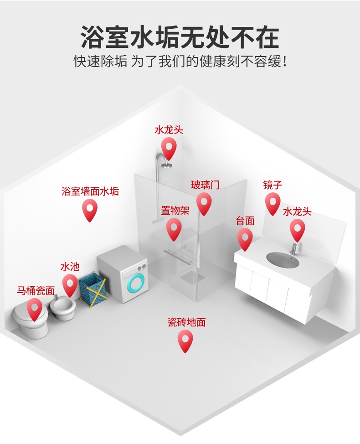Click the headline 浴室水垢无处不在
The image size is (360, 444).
180,37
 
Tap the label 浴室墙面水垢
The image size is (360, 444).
90,191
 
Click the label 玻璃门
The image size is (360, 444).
205,185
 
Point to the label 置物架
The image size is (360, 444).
174,211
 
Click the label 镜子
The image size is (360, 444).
273,185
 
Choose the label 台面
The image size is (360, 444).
245,221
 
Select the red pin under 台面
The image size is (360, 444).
245,238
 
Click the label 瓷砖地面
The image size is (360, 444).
186,322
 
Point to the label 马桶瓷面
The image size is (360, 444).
36,290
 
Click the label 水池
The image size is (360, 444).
70,266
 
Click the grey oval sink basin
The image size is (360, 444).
283,260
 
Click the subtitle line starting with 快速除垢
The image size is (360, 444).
180,61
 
